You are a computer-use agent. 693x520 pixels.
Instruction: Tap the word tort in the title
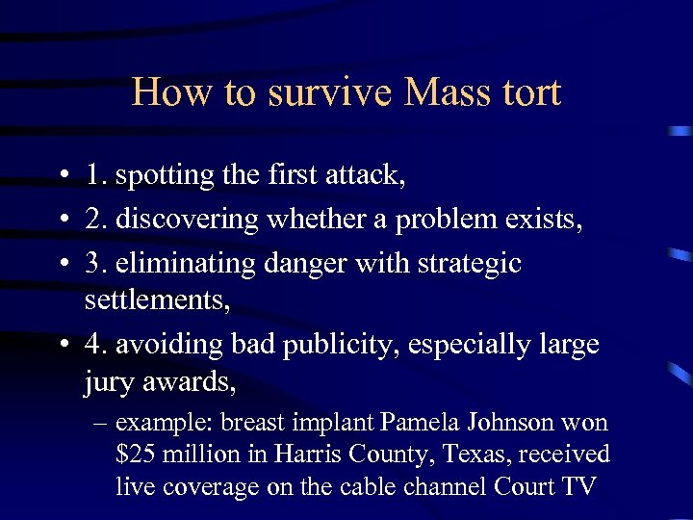click(x=530, y=92)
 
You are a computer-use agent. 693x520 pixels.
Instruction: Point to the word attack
click(x=368, y=175)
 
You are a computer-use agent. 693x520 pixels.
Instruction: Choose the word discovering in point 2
click(x=187, y=220)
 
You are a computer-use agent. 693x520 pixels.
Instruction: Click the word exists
click(x=540, y=220)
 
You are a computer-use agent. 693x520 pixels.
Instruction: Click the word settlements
click(x=157, y=300)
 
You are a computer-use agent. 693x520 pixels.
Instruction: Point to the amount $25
click(x=135, y=455)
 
